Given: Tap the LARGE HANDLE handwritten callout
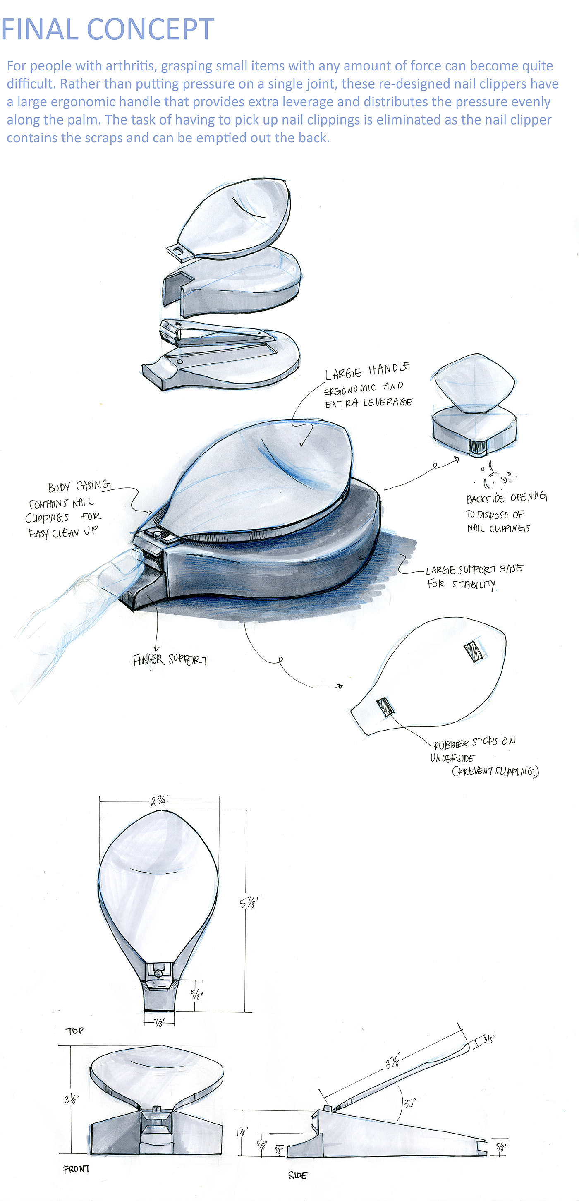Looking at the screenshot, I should point(367,371).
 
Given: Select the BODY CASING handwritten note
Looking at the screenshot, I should point(79,486).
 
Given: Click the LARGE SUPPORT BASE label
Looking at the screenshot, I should point(474,570).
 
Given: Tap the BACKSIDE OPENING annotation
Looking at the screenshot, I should point(506,498).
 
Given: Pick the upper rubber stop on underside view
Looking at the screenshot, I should point(474,651).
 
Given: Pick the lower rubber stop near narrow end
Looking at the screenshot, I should point(385,706).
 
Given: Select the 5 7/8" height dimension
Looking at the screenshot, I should point(249,903).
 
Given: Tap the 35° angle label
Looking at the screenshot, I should point(409,1103).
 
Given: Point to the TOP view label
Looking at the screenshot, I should point(74,1031).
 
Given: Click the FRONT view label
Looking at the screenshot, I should point(76,1169).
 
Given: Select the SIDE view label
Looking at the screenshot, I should point(298,1175).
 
